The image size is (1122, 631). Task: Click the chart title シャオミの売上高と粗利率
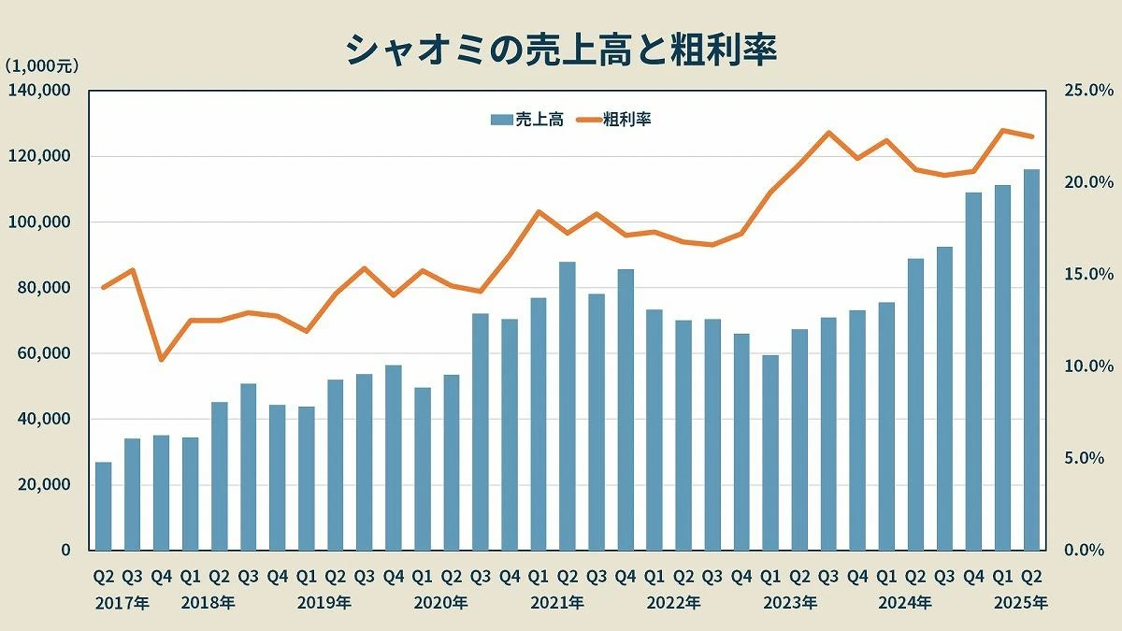coord(561,49)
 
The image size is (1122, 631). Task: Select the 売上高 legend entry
coord(527,119)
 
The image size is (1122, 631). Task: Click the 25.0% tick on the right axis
coord(1088,91)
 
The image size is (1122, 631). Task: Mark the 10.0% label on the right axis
coord(1088,366)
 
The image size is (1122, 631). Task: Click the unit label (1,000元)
coord(41,65)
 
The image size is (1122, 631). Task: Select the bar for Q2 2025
coord(1031,360)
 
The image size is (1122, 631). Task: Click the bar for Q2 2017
coord(103,506)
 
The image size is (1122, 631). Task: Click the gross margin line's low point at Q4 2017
coord(162,360)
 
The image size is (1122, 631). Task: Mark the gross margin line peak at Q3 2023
coord(828,133)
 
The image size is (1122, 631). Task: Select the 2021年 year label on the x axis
coord(557,603)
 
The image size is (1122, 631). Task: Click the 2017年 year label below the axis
coord(122,603)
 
